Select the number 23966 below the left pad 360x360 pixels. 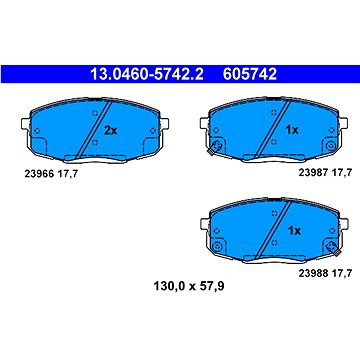[40, 173]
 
